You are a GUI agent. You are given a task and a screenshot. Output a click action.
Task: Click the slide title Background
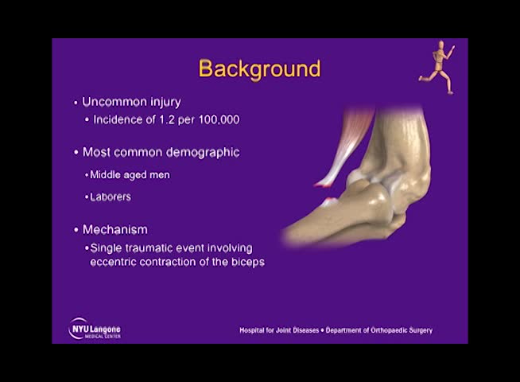click(259, 68)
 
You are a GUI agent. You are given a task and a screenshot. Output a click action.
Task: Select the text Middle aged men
click(130, 174)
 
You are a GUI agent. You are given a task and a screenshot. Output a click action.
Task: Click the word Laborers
click(111, 197)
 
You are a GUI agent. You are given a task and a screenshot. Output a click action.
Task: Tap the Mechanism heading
click(114, 230)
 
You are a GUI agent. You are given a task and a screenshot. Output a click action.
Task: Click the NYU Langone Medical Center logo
click(95, 329)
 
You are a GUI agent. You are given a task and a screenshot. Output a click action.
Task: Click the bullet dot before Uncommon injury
click(76, 103)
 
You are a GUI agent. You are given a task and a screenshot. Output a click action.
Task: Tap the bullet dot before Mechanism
click(76, 231)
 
